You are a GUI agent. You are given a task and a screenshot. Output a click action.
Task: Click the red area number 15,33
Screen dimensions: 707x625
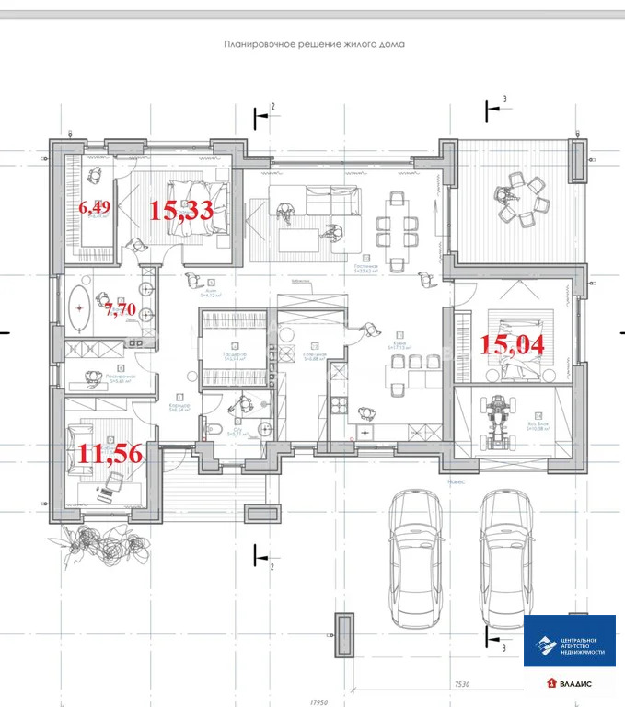(182, 211)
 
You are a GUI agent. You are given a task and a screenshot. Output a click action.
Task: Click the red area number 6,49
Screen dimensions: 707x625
(94, 208)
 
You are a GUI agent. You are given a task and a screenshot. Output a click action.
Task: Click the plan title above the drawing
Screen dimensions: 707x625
(314, 43)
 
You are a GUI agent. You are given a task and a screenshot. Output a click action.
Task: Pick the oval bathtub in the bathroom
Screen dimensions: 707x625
(80, 305)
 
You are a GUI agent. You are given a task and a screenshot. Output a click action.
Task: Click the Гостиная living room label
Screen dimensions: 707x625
(367, 264)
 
